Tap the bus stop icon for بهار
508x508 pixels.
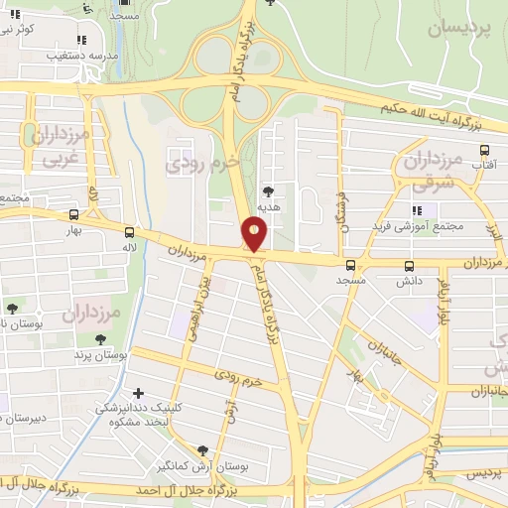pos(74,214)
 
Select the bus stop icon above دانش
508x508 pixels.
pos(409,266)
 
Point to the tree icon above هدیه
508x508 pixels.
pos(267,190)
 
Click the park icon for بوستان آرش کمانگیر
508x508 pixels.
pos(203,449)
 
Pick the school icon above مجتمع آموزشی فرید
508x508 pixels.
pos(418,211)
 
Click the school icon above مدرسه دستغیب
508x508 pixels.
pos(80,41)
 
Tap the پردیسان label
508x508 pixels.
pos(459,29)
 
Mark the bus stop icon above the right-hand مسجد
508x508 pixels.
pos(350,265)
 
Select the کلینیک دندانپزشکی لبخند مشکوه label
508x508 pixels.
pos(129,414)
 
